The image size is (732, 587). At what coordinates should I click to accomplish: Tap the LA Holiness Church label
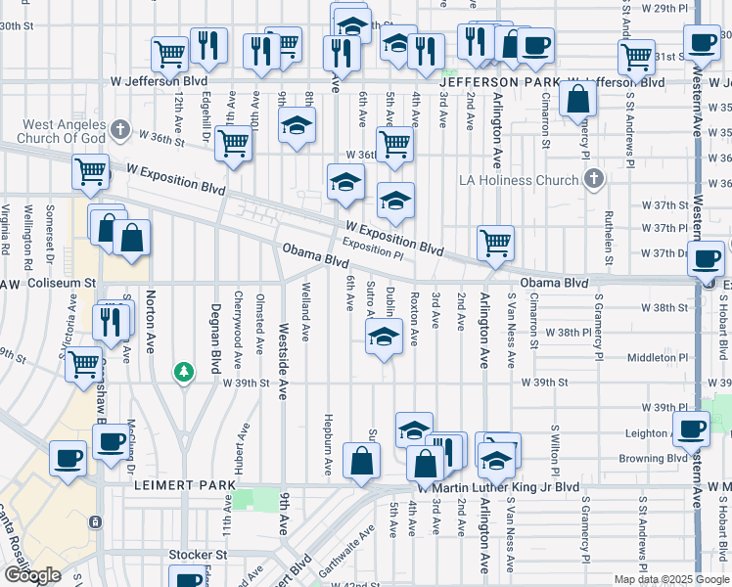pos(520,179)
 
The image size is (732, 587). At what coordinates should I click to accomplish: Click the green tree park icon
pos(183,372)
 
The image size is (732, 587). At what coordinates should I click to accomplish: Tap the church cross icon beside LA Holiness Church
pos(593,178)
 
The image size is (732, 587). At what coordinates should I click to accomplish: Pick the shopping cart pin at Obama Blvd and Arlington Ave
pos(496,242)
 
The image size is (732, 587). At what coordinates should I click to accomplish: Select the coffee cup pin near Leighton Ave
pos(693,429)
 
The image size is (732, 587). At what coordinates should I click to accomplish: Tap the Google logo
pos(32,576)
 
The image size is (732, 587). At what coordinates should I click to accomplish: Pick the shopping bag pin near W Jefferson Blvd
pos(578,99)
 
